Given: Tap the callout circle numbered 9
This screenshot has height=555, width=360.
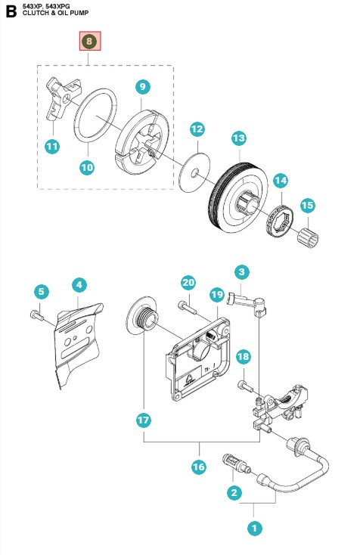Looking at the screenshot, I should [143, 87].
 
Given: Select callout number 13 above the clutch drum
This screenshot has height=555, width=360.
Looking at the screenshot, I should [239, 138].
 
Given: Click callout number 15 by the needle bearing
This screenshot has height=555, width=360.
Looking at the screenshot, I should [307, 205].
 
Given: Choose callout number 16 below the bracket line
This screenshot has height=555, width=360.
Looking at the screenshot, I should [198, 467].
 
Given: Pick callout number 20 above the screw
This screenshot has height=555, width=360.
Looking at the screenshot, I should [188, 283].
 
